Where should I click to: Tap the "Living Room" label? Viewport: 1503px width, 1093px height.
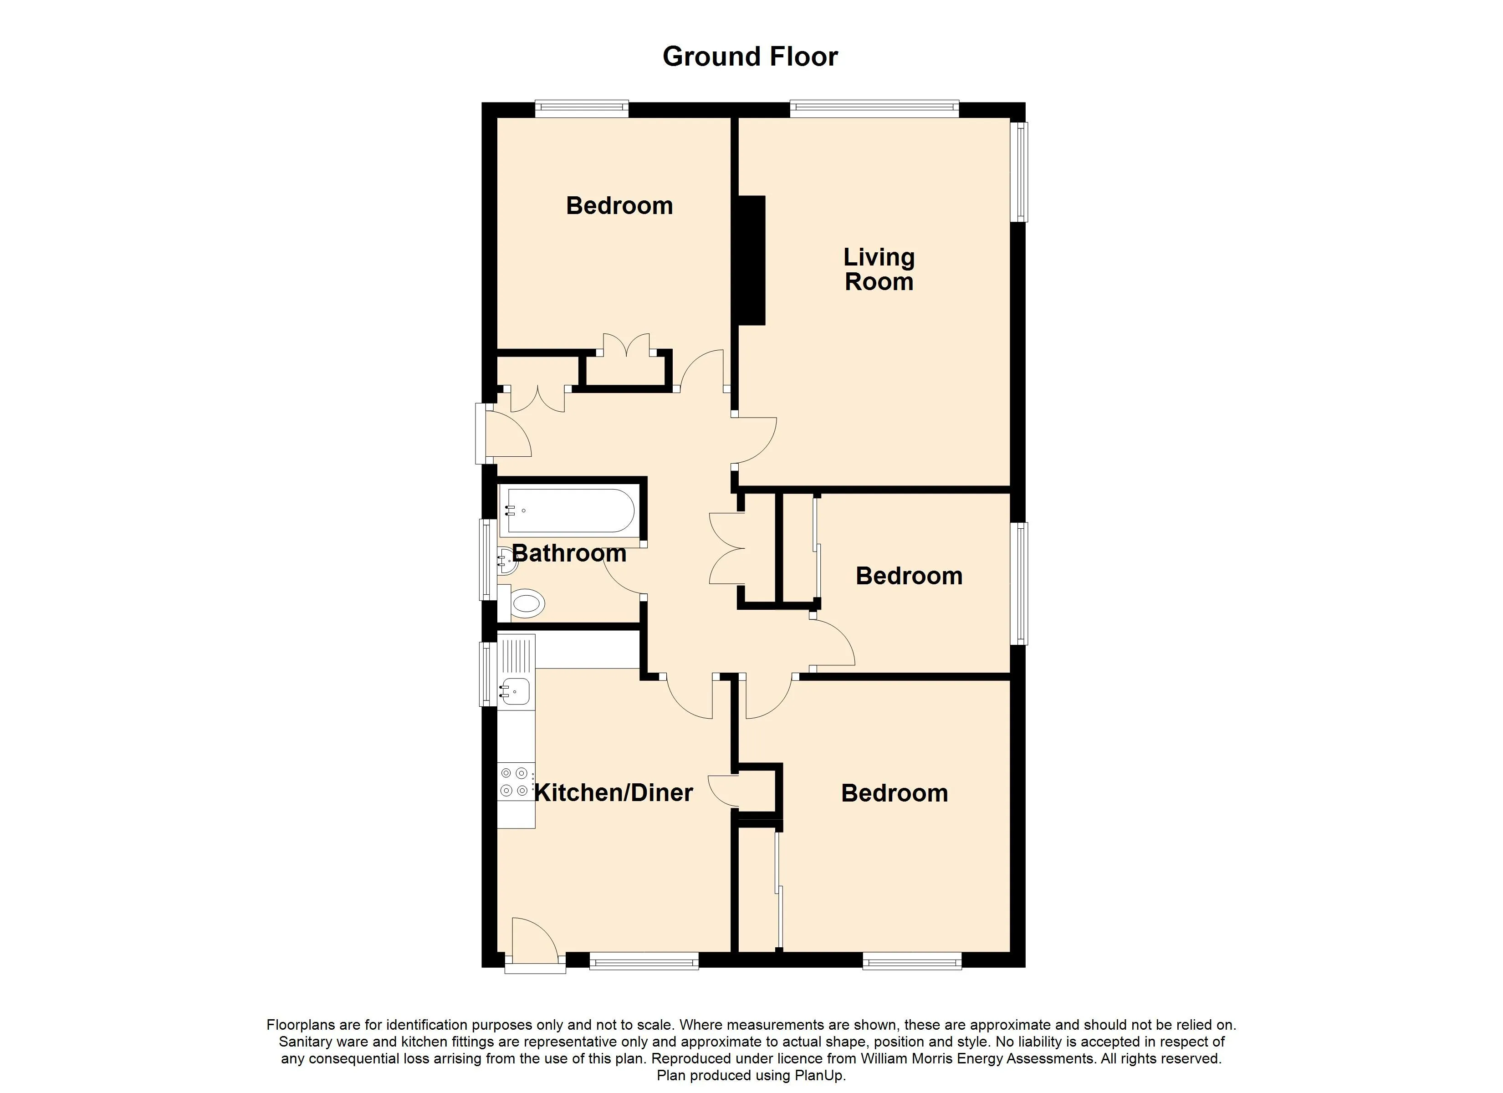tap(879, 269)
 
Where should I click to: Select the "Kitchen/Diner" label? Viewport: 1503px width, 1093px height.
tap(613, 793)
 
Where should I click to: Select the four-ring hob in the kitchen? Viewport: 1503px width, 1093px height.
tap(516, 781)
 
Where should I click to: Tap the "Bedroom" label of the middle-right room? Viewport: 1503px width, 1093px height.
tap(909, 576)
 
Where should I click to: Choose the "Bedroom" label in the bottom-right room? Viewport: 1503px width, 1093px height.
tap(895, 793)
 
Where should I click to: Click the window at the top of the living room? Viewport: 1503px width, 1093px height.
tap(874, 109)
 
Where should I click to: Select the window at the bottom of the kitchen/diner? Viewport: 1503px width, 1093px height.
tap(644, 961)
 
